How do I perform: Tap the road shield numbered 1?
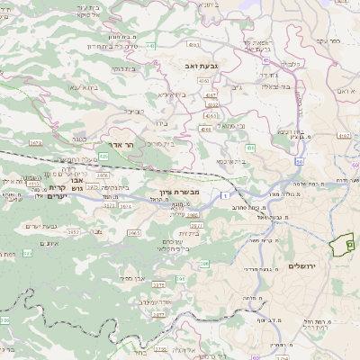pos(229,195)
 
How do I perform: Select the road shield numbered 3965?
pos(133,233)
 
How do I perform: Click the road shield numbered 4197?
pos(343,136)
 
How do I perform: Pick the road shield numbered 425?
pos(103,157)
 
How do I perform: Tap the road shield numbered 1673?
pos(61,142)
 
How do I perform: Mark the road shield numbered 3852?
pos(73,232)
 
